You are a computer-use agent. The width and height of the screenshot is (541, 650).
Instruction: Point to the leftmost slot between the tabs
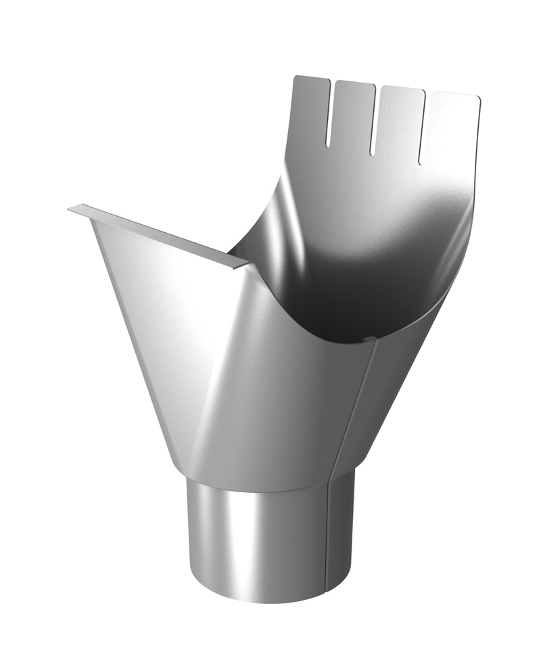coord(329,115)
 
